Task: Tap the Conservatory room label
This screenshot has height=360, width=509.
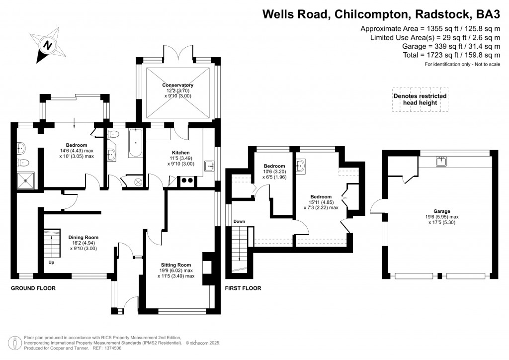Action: pos(177,86)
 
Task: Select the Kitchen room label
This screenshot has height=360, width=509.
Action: pos(177,153)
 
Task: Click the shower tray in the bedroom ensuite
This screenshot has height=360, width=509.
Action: pos(25,180)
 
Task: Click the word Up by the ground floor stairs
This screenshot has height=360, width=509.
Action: pos(51,262)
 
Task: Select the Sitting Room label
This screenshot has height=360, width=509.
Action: pos(176,265)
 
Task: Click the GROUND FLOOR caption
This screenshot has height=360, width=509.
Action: pos(33,288)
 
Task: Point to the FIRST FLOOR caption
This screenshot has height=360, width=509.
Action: pos(243,288)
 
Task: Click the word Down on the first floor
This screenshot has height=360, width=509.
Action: pos(239,221)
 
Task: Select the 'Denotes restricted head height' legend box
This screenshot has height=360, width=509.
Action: pos(420,99)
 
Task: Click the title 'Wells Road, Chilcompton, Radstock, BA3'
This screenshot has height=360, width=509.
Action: pos(381,14)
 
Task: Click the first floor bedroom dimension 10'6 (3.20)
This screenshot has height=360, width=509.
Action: pos(274,172)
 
